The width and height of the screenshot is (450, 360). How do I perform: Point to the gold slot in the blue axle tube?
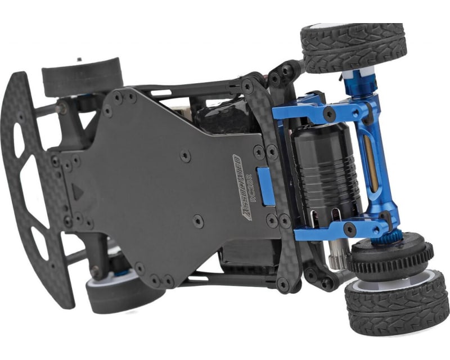point(368,163)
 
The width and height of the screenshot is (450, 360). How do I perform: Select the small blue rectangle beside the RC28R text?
point(265,186)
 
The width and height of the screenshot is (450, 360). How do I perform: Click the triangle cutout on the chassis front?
point(78,192)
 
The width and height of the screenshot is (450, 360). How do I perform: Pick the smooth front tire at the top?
point(82,76)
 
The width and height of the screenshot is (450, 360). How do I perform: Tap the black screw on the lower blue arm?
point(349,228)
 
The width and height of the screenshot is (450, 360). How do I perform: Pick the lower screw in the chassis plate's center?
point(197,221)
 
